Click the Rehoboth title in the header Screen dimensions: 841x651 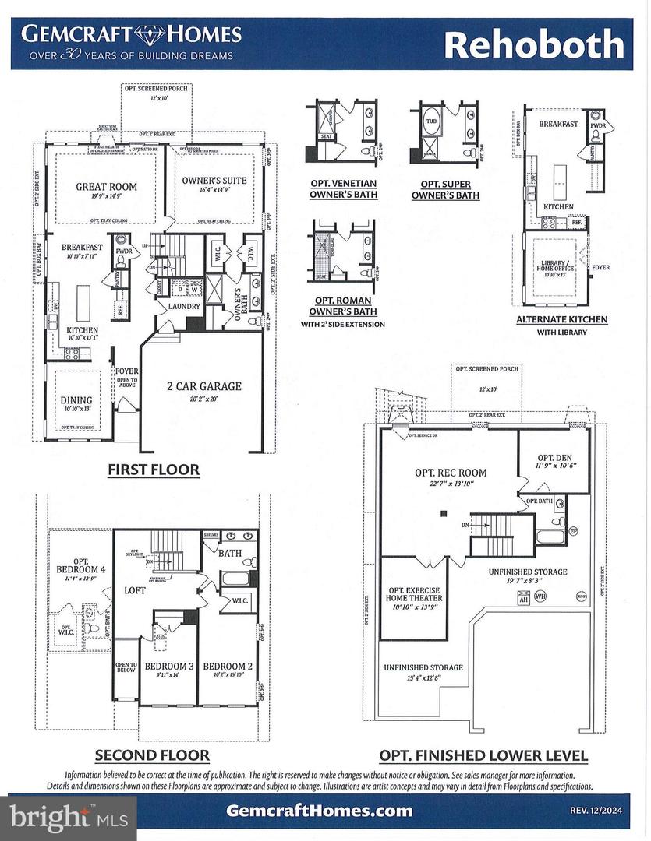tap(534, 44)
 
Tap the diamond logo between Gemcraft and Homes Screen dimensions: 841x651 tap(154, 35)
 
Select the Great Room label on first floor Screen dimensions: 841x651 tap(106, 187)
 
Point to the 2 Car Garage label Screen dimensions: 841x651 tap(204, 386)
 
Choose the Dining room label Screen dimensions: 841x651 tap(76, 401)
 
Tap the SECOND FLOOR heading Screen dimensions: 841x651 tap(151, 755)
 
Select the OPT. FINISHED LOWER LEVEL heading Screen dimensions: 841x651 tap(483, 755)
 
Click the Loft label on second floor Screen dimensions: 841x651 tap(136, 591)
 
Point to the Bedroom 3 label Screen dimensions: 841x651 tap(168, 667)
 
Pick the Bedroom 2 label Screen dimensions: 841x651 tap(228, 667)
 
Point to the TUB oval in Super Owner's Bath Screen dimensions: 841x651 tap(431, 122)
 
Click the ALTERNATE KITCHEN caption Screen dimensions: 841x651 tap(561, 319)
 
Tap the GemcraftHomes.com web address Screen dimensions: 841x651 tap(319, 811)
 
